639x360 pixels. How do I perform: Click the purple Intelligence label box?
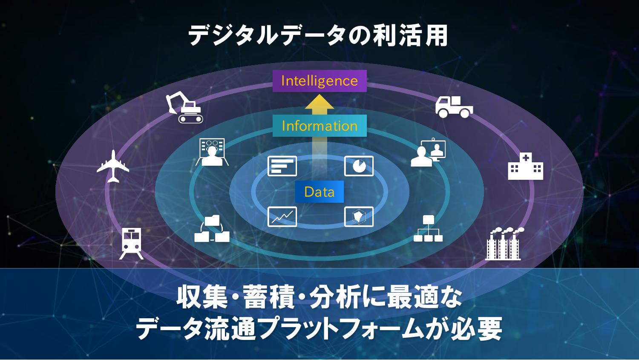point(319,81)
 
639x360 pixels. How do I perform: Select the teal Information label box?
point(319,126)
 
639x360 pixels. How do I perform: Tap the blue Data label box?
point(319,192)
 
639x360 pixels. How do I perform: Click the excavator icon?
point(184,107)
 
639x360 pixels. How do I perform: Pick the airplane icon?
point(113,166)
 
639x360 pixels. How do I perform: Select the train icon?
point(131,243)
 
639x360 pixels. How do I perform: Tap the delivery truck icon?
point(454,107)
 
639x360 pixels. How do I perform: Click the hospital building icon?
point(525,166)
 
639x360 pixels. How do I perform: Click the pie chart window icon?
point(359,166)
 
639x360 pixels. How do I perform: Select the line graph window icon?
point(282,216)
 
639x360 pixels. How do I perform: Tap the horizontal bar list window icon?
point(282,166)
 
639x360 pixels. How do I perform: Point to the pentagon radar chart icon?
point(359,216)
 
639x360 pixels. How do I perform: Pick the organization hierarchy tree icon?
point(428,229)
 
